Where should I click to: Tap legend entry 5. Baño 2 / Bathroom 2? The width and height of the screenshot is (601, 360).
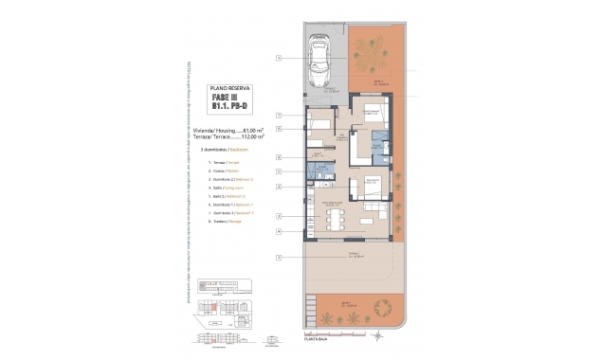tap(209, 196)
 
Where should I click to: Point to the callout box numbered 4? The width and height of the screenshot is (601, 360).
tap(279, 231)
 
